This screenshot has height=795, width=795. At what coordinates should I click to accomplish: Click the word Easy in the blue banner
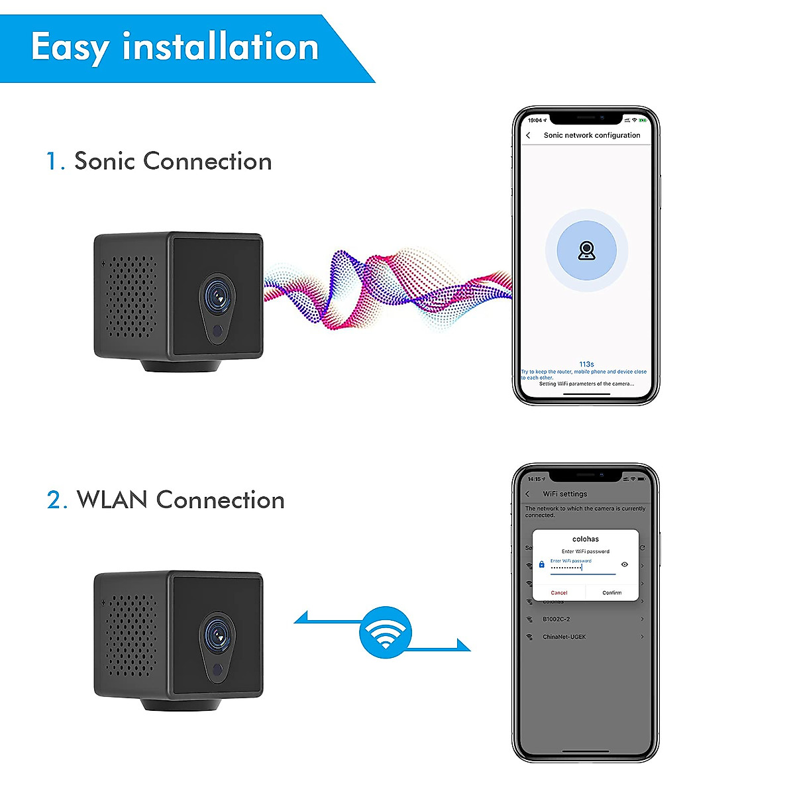click(x=69, y=48)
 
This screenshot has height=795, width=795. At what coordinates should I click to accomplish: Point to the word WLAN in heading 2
click(x=111, y=500)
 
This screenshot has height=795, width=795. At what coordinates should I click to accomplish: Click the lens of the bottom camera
click(x=217, y=635)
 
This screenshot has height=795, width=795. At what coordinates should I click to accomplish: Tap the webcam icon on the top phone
click(x=586, y=250)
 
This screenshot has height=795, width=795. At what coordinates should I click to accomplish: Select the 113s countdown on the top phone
click(x=586, y=364)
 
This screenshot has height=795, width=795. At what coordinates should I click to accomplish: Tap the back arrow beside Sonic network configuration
click(x=528, y=135)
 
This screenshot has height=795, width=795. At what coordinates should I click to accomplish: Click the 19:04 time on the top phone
click(x=535, y=121)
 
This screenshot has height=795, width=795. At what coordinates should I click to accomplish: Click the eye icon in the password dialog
click(x=624, y=564)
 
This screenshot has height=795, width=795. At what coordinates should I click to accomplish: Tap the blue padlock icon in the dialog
click(x=541, y=564)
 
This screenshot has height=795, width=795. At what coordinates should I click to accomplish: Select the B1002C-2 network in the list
click(x=556, y=619)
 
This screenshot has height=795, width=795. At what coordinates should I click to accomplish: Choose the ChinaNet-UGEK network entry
click(x=564, y=637)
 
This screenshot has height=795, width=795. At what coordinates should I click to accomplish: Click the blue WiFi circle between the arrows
click(x=385, y=632)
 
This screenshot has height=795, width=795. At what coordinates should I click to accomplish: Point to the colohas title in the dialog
click(x=586, y=539)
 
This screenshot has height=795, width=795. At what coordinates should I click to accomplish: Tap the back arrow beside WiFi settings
click(x=527, y=494)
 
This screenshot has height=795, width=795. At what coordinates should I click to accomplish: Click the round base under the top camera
click(x=181, y=365)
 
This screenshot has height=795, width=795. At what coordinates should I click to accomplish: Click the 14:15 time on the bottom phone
click(x=535, y=479)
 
